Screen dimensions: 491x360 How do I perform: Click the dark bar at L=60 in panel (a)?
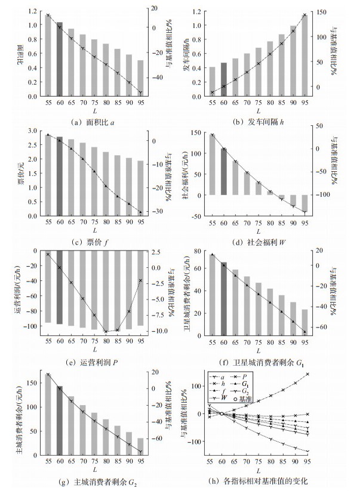(59, 60)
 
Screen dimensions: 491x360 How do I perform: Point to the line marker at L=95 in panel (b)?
(304, 15)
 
